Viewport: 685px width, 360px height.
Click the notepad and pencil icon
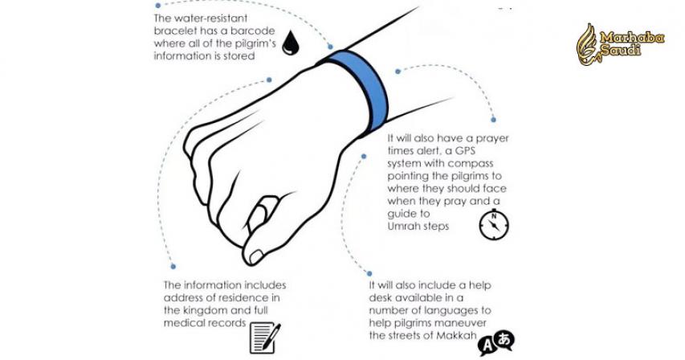pyautogui.click(x=265, y=337)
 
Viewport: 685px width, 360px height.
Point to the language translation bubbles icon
pyautogui.click(x=496, y=342)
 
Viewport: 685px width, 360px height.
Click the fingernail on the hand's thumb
pyautogui.click(x=255, y=257)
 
